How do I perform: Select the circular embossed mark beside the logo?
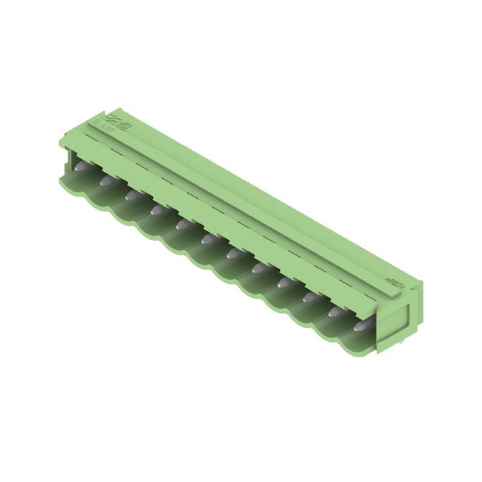(x=124, y=126)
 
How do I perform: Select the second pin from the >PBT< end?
(x=335, y=312)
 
